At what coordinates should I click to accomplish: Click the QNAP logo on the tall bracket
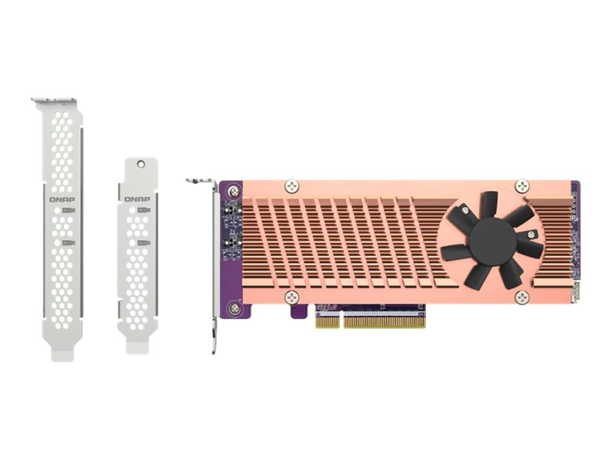point(62,199)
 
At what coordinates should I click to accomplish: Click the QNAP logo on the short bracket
point(137,199)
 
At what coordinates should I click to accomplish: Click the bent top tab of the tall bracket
point(54,101)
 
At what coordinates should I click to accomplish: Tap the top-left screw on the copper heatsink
point(291,186)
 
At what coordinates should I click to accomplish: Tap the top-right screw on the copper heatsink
point(522,186)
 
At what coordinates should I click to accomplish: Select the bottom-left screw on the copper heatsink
point(291,297)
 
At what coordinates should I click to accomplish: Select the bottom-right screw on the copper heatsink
point(522,297)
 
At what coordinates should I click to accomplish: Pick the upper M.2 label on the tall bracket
point(68,210)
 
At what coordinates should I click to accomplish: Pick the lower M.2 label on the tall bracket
point(68,244)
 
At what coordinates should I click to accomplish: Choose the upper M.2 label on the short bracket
point(143,209)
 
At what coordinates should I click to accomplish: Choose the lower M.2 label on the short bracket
point(143,243)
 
